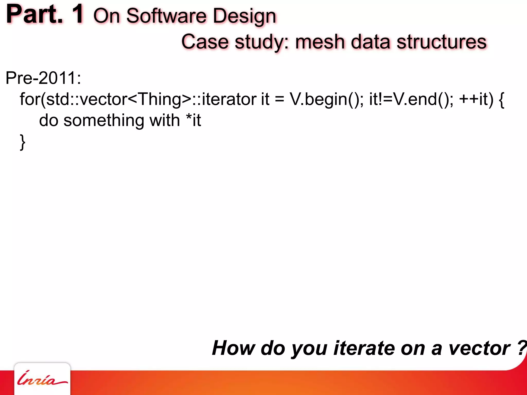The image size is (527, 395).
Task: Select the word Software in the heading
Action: click(166, 16)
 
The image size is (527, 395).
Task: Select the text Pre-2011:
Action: click(43, 78)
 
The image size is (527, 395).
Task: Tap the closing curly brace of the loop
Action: click(22, 142)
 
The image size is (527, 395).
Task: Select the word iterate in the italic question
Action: click(364, 348)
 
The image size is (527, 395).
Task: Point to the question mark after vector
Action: click(522, 348)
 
